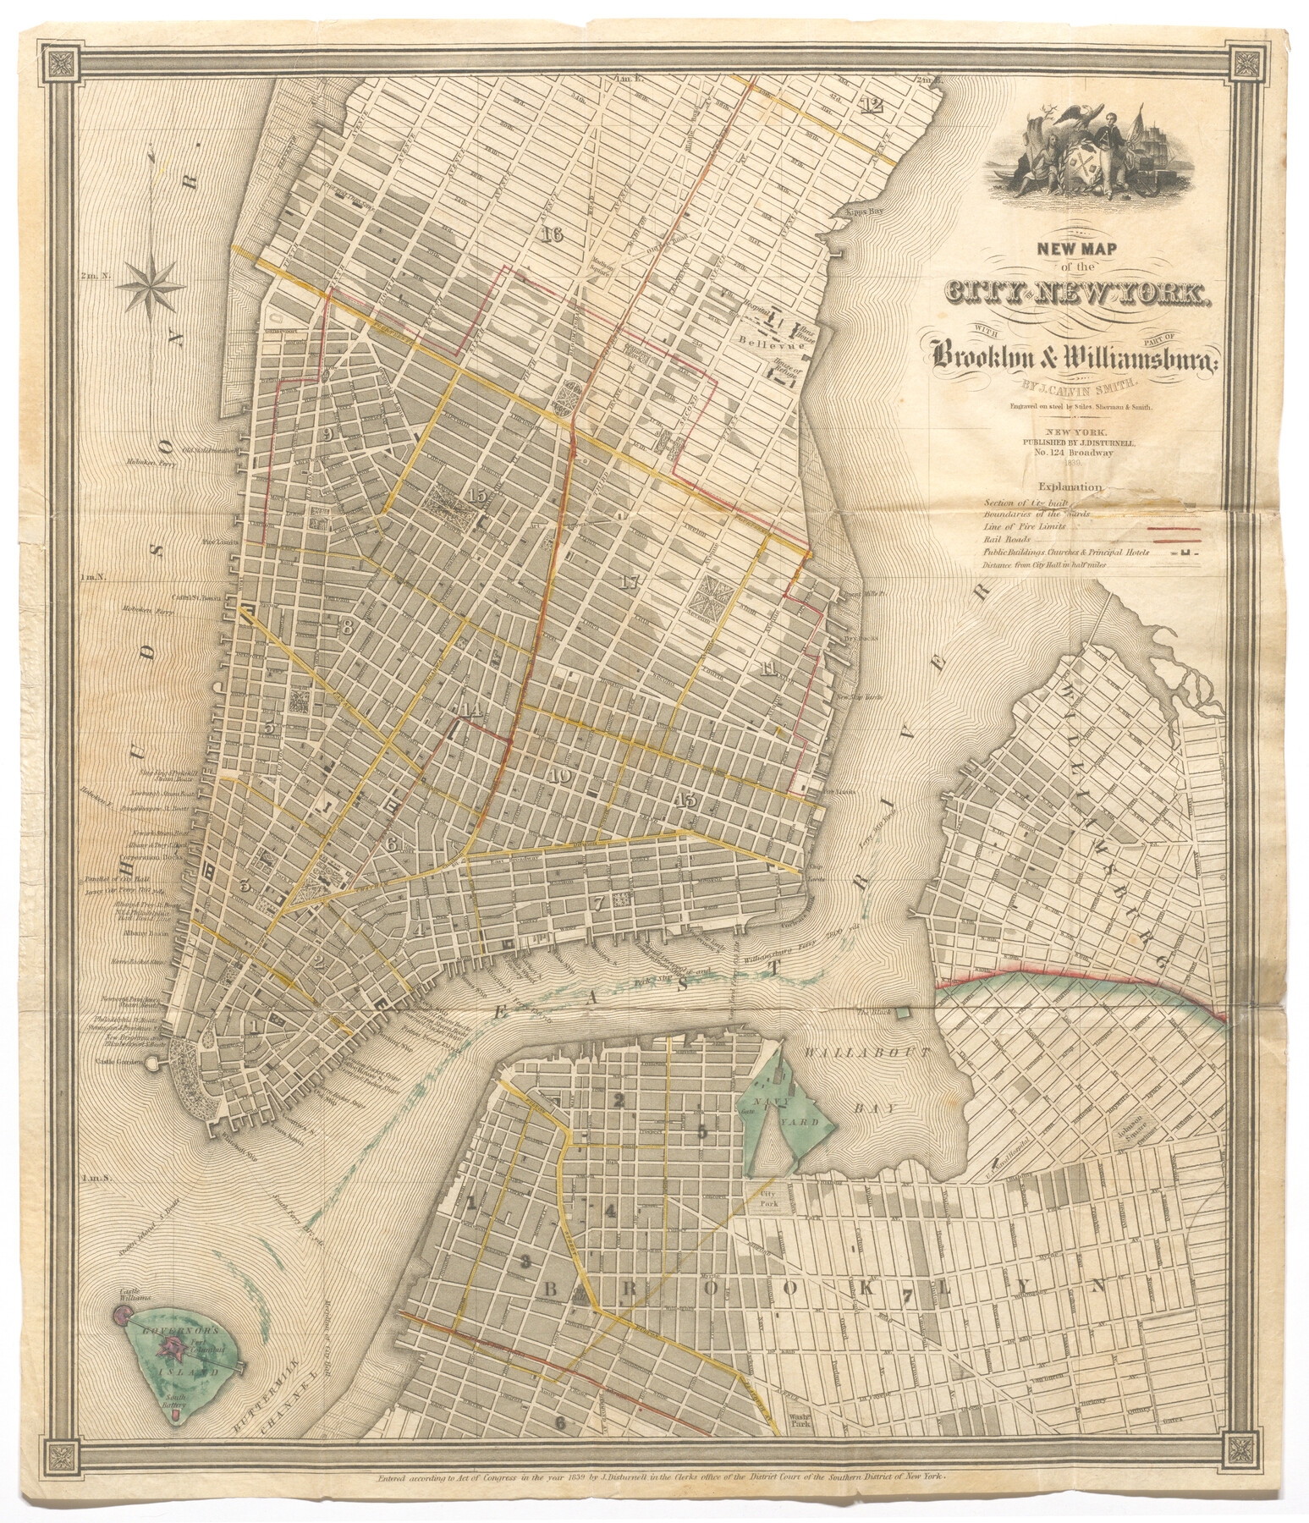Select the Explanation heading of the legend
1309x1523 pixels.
click(x=1068, y=487)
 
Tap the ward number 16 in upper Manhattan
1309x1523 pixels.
click(x=554, y=234)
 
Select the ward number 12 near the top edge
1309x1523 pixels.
click(x=871, y=105)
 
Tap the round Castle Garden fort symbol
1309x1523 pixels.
click(x=153, y=1065)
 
